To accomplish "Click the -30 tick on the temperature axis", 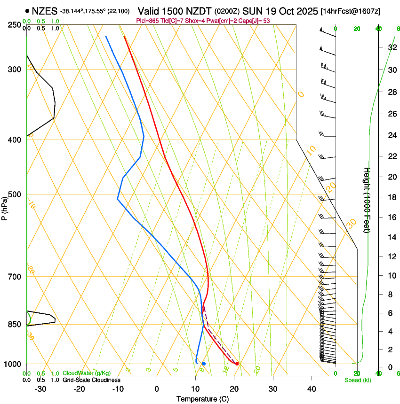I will [40, 388].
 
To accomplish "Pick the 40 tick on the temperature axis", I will [312, 388].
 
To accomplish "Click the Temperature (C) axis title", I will [203, 399].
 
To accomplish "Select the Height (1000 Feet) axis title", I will [368, 200].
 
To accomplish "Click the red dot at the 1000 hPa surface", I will [237, 364].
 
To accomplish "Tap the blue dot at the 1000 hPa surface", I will [204, 364].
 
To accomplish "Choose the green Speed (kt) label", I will [357, 380].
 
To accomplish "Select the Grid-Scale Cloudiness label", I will [91, 380].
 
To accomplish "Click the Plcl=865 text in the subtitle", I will [146, 21].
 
